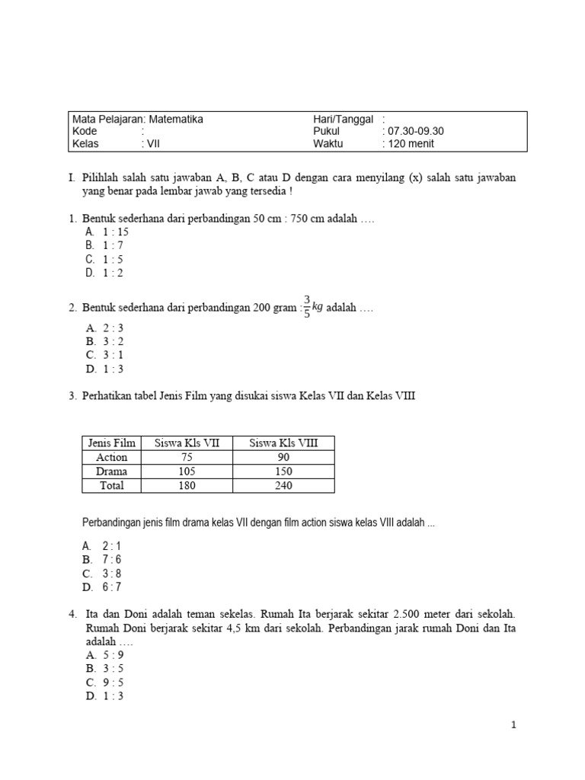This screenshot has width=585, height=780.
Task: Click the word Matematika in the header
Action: [176, 119]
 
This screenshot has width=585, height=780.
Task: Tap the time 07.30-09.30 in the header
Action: [416, 131]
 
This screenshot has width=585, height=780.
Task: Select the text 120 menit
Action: [415, 143]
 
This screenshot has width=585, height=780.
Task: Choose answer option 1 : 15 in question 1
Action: [116, 232]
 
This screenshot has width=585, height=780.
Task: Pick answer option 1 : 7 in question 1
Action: [113, 245]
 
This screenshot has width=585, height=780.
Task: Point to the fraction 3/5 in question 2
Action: [307, 306]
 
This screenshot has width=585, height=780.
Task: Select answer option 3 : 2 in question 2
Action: [113, 341]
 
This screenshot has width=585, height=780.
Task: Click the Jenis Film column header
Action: [112, 443]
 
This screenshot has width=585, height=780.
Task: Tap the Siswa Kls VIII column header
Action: [283, 443]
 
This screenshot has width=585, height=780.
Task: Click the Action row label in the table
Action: [112, 457]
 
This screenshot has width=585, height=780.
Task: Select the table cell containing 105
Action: [187, 472]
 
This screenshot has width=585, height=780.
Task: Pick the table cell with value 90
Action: [283, 457]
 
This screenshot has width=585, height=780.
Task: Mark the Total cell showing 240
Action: [283, 485]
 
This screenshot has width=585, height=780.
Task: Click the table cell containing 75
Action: [187, 457]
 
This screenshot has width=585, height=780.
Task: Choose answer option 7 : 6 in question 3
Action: [112, 560]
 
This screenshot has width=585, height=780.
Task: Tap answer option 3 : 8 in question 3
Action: [112, 574]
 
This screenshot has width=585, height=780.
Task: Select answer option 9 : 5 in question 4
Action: [113, 682]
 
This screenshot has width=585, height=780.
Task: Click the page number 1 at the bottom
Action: [514, 725]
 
